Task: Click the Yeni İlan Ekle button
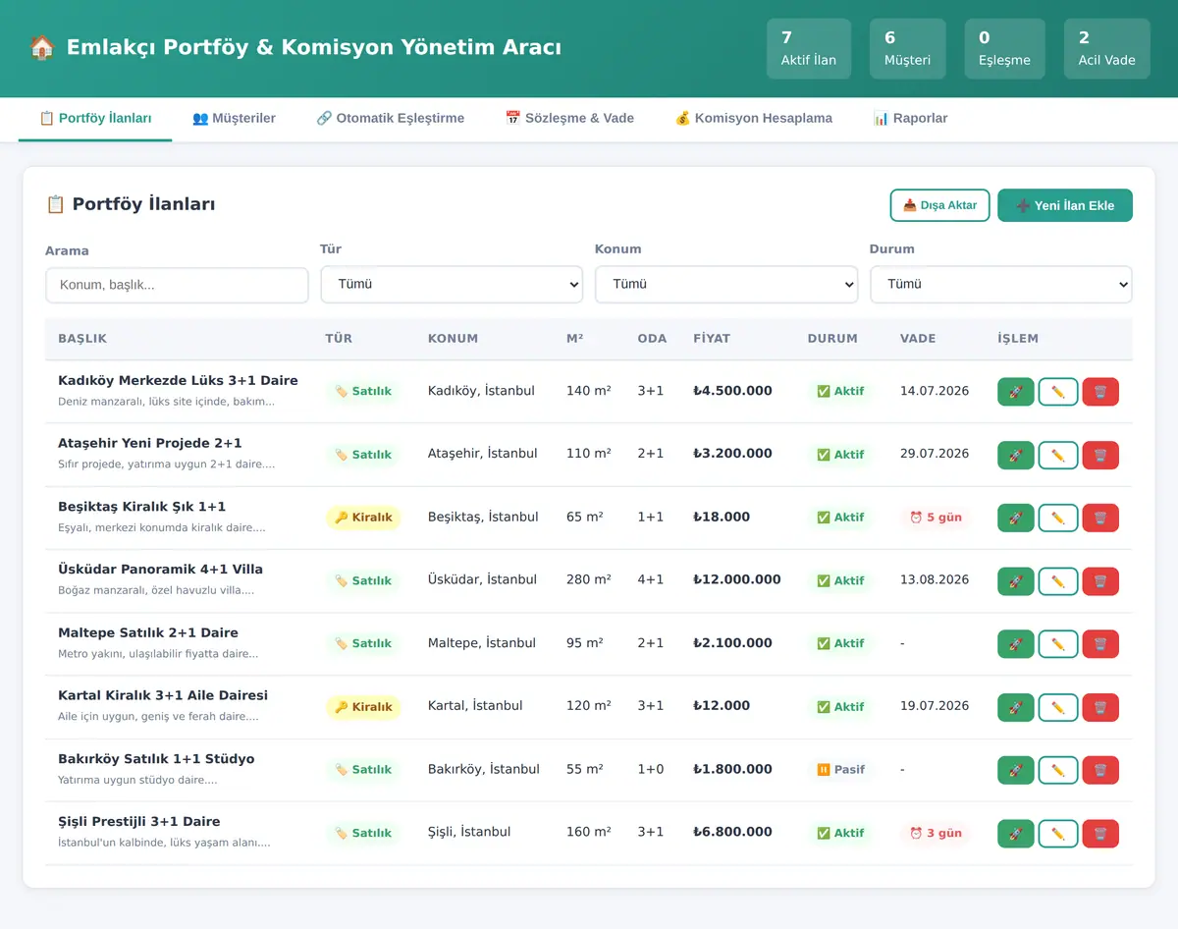1065,205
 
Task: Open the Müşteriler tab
234,118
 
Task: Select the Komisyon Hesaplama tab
753,118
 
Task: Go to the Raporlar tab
910,118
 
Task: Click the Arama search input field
177,285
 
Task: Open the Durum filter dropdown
1000,284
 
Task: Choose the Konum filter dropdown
725,284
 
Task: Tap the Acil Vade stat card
1106,49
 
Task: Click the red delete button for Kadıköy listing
1100,392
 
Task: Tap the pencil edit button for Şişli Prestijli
1057,834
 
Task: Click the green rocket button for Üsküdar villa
1015,581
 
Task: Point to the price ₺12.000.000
737,579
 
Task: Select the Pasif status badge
841,770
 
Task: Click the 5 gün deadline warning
936,518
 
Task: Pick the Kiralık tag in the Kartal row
363,707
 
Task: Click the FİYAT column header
712,339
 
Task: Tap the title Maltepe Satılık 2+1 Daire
148,632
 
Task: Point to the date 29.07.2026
935,454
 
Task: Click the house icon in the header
41,47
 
